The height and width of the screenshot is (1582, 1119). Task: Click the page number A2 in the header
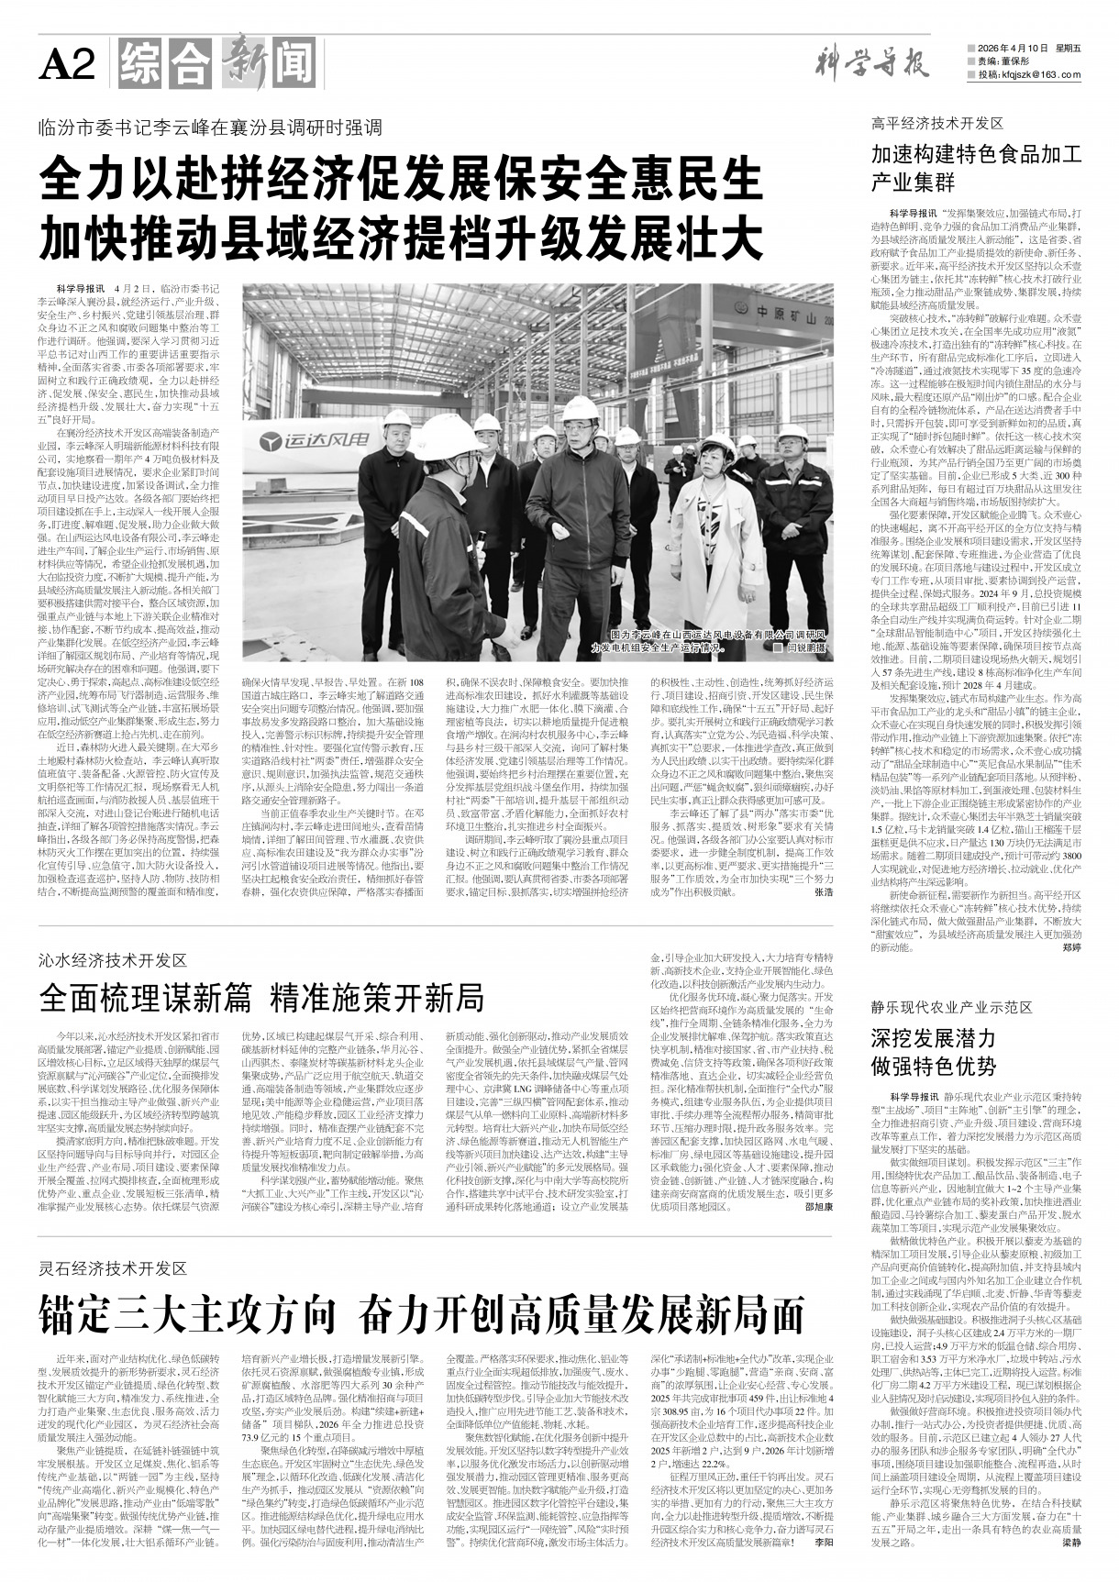[x=67, y=65]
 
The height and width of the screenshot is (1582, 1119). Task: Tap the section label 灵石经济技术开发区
[x=113, y=1268]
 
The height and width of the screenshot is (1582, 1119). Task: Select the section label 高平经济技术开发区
[x=937, y=123]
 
